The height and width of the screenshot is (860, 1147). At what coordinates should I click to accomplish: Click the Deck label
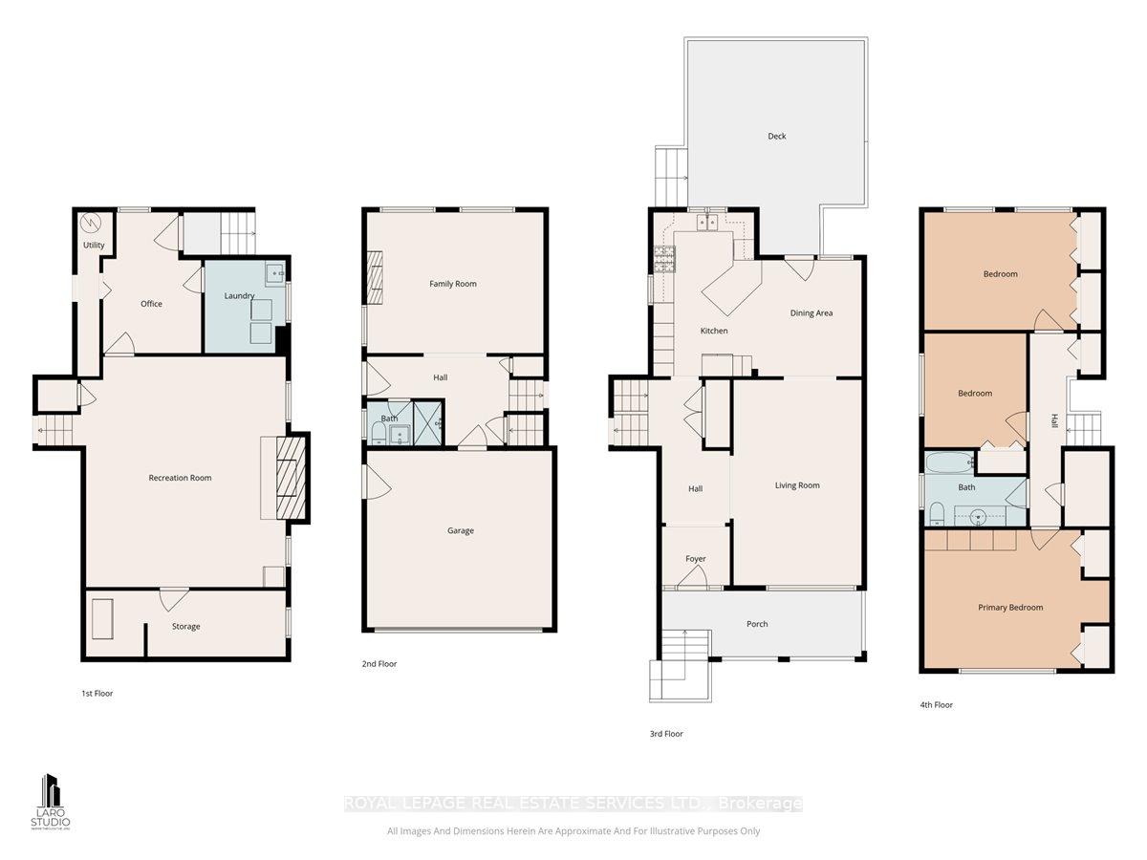[x=777, y=137]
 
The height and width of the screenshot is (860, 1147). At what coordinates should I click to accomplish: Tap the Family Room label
[x=453, y=284]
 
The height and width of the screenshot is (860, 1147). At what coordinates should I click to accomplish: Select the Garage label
[x=461, y=531]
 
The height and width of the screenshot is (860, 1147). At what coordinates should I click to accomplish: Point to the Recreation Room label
[x=180, y=478]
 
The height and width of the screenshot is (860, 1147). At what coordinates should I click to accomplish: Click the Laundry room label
[x=239, y=296]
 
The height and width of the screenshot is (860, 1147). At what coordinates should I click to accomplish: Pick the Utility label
[x=94, y=246]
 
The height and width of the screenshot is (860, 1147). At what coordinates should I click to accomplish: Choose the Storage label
[x=186, y=627]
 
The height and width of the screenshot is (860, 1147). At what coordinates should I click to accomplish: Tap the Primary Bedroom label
[x=1010, y=608]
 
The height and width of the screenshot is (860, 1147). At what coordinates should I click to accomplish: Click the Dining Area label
[x=812, y=313]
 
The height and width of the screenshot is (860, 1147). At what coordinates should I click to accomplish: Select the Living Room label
[x=797, y=485]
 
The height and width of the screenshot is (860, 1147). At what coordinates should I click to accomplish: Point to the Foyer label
[x=695, y=559]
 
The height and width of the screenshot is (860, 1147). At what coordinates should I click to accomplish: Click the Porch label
[x=757, y=624]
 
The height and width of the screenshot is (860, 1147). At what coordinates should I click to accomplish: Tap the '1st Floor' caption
[x=97, y=694]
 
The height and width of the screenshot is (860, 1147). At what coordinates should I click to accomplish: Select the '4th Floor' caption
[x=937, y=705]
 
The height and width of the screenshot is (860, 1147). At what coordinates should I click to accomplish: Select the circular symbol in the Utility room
[x=91, y=223]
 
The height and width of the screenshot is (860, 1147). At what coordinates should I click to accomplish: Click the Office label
[x=151, y=304]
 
